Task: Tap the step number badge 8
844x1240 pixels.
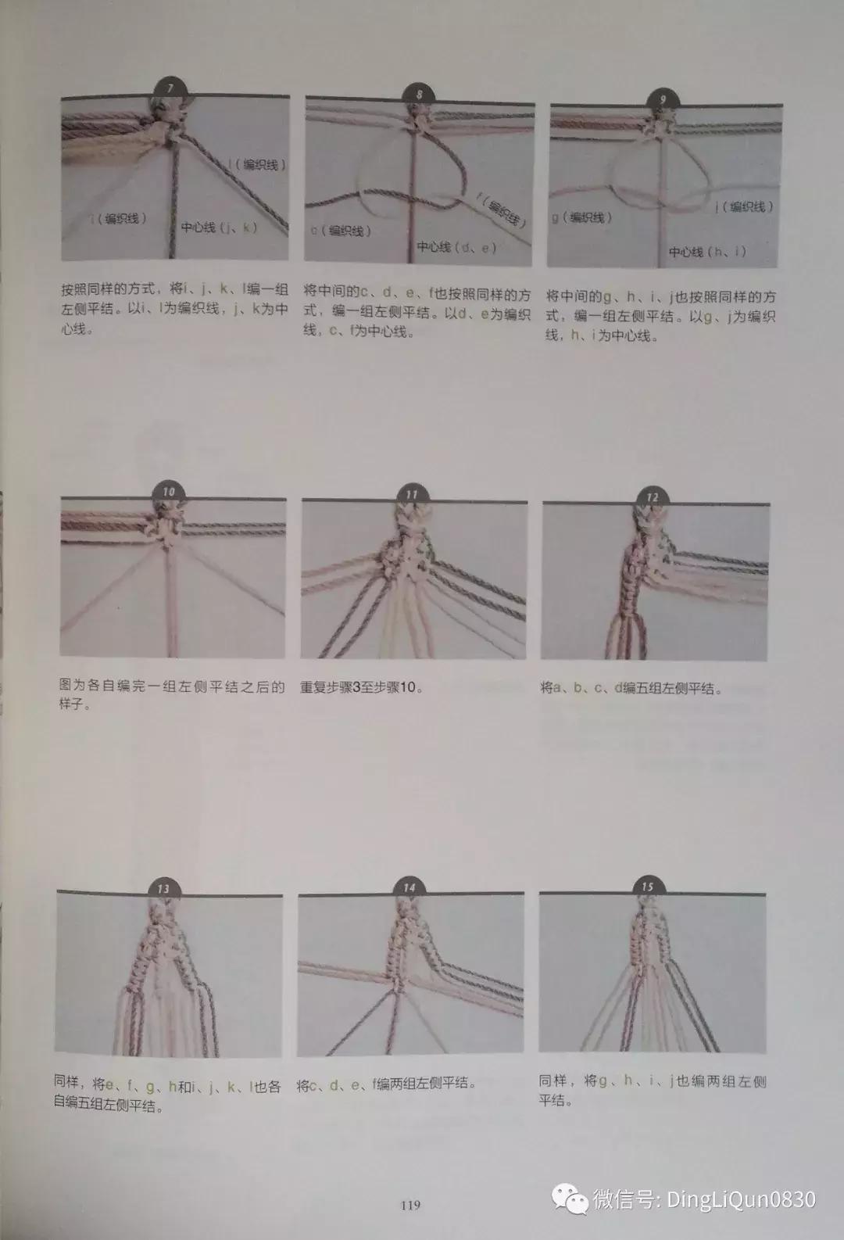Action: click(419, 95)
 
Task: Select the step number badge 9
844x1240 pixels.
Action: click(663, 100)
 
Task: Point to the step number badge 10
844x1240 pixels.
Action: click(169, 493)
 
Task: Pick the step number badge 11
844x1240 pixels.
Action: click(411, 495)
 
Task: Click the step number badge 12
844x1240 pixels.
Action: click(651, 497)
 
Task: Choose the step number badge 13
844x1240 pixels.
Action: click(163, 889)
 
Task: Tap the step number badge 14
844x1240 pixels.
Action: click(409, 888)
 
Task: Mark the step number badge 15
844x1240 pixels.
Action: click(647, 887)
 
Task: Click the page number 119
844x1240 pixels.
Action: click(410, 1206)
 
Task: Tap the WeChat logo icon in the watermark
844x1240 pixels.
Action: click(569, 1199)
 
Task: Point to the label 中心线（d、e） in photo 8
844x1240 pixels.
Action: click(456, 247)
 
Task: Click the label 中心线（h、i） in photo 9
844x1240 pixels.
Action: click(707, 252)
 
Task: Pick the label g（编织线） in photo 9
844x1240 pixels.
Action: click(581, 217)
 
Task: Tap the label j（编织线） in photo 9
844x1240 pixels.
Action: click(743, 207)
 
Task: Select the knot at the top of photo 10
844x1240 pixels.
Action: click(169, 525)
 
